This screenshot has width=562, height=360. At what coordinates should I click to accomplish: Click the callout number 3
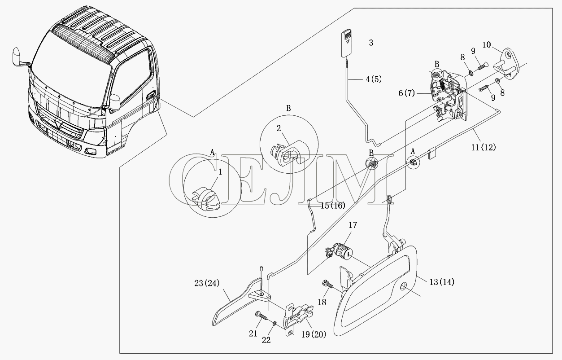pos(371,43)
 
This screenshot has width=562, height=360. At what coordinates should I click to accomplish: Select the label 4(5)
pos(374,79)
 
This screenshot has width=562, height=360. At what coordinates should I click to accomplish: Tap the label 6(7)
pos(407,93)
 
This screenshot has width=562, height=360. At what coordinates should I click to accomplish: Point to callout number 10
pos(487,45)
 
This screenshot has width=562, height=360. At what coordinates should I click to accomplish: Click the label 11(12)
pos(484,147)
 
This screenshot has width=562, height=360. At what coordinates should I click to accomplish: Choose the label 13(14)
pos(442,282)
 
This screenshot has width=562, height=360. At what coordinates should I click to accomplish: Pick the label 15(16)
pos(333,206)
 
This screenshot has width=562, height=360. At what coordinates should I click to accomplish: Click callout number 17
pos(353,225)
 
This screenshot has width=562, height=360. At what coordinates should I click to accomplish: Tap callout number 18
pos(322,302)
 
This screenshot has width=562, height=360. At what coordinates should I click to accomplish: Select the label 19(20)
pos(314,334)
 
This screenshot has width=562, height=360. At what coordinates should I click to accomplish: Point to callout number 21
pos(253,334)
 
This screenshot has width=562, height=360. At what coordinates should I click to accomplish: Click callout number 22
pos(266,340)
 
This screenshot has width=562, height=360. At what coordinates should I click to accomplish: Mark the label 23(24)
pos(207,283)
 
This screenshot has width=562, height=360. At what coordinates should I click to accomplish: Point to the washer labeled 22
pos(275,323)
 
